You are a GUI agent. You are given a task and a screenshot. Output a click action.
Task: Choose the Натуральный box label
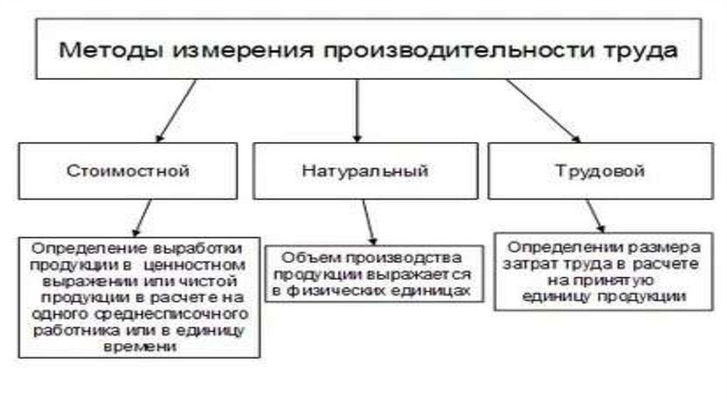click(364, 171)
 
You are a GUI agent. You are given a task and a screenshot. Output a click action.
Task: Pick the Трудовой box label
click(600, 171)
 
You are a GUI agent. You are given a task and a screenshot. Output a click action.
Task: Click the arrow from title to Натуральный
click(357, 110)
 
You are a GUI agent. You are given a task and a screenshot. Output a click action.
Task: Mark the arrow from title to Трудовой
click(542, 110)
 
